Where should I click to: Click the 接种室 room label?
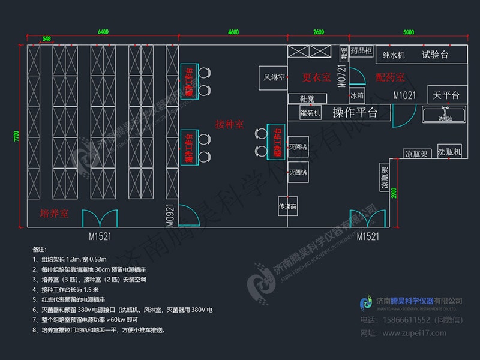click(x=229, y=125)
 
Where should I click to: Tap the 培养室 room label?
click(x=54, y=213)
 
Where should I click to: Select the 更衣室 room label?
click(x=316, y=77)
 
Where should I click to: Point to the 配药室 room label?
click(x=391, y=77)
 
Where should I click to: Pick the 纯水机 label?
click(x=394, y=55)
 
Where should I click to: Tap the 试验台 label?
click(x=435, y=55)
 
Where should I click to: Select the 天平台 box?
click(x=446, y=95)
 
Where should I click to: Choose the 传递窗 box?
click(x=287, y=206)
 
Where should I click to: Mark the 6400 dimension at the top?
click(x=103, y=32)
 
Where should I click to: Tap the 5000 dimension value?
click(x=409, y=32)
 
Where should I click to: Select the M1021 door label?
click(x=405, y=95)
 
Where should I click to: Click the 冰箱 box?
click(x=357, y=95)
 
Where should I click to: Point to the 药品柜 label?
click(x=362, y=51)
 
